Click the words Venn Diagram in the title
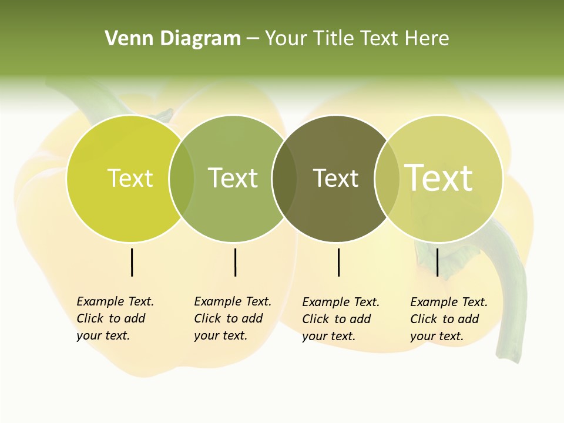coord(173,39)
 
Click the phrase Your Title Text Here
coord(357,39)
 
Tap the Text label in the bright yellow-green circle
coord(130,179)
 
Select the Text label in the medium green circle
coord(233,179)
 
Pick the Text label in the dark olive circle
coord(336,179)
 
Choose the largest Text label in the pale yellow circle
coord(439,178)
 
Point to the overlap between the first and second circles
coord(182,179)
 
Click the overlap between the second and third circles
coord(284,179)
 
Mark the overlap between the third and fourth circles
coord(387,179)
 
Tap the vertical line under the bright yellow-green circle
coord(132,262)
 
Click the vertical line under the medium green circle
coord(235,262)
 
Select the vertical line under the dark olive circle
coord(338,262)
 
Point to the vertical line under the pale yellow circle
coord(437,262)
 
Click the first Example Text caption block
coord(115,318)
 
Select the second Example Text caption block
coord(232,318)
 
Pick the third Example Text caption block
coord(340,319)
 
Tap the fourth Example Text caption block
coord(448,319)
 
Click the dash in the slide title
coord(252,39)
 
